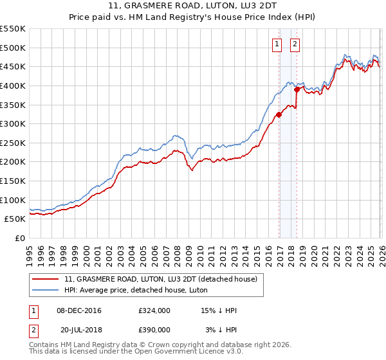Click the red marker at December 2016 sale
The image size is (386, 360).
(x=279, y=115)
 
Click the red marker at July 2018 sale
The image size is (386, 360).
(x=297, y=90)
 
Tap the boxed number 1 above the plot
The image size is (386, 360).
(x=277, y=44)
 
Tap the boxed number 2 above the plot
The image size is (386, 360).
(x=295, y=44)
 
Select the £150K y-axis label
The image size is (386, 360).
(x=13, y=181)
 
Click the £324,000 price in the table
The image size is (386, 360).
(x=154, y=310)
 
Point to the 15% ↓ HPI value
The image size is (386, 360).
(x=219, y=310)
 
